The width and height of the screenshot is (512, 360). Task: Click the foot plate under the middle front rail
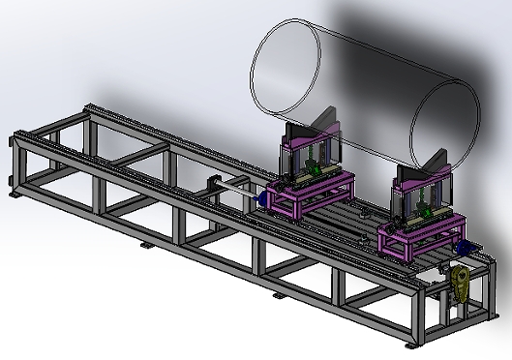(279, 293)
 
